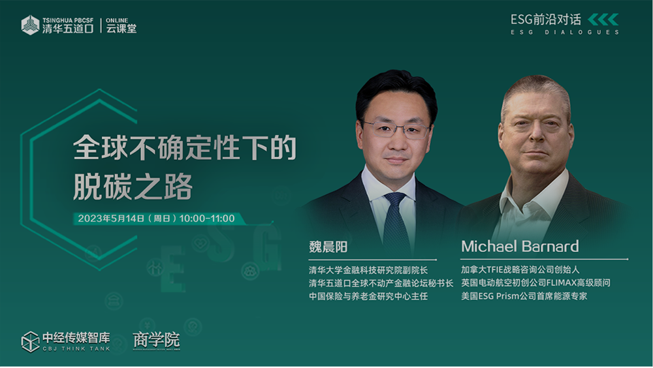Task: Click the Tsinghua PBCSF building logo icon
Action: [30, 25]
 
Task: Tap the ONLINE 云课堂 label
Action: [121, 25]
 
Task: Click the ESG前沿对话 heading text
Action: [545, 20]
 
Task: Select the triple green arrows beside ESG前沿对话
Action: [603, 19]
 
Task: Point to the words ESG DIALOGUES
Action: [565, 32]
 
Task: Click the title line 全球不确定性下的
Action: [185, 147]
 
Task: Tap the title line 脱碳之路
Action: [133, 187]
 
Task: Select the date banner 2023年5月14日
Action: [157, 219]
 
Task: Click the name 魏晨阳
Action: [328, 247]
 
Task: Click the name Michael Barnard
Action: [520, 246]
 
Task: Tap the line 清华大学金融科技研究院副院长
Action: [368, 270]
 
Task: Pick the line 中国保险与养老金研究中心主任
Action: [368, 296]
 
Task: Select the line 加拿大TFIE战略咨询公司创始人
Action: [520, 269]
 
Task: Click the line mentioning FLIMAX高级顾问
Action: [535, 283]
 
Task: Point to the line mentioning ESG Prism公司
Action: [524, 296]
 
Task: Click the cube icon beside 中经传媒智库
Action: [30, 342]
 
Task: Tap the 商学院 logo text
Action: [157, 340]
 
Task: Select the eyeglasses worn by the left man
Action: [396, 129]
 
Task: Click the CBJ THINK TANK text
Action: [76, 349]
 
